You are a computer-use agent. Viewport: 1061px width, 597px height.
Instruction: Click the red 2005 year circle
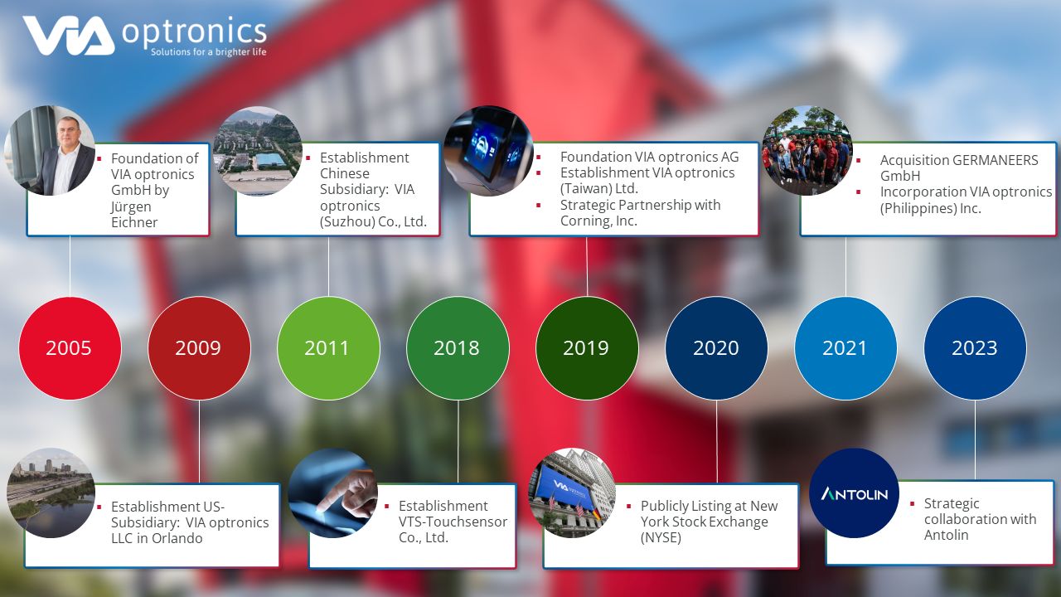click(70, 348)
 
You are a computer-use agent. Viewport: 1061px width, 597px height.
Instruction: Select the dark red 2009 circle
click(200, 348)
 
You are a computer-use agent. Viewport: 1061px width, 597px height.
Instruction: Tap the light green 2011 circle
click(329, 348)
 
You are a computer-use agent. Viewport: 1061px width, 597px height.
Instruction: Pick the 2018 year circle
click(458, 348)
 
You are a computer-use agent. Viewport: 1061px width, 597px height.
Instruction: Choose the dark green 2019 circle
click(588, 348)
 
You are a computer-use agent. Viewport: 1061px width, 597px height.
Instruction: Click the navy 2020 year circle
click(717, 348)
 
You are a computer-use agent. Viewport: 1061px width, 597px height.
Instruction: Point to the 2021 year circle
click(846, 348)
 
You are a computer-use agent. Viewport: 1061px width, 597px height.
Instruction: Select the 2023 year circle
click(976, 348)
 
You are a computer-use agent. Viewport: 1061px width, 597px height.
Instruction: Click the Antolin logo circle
click(854, 493)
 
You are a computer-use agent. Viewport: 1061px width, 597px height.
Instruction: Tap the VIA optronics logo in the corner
click(145, 36)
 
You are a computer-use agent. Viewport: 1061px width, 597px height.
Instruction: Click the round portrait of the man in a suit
click(50, 150)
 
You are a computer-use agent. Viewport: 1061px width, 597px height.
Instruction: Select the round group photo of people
click(807, 150)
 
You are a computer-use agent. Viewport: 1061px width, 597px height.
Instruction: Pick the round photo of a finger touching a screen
click(332, 493)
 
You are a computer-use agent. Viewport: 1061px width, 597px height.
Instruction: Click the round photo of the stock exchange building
click(573, 493)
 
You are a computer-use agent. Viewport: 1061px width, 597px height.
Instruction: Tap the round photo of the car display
click(489, 151)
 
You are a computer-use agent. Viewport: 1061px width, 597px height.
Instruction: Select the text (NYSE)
click(661, 538)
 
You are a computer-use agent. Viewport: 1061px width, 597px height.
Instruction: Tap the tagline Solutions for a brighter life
click(208, 51)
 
